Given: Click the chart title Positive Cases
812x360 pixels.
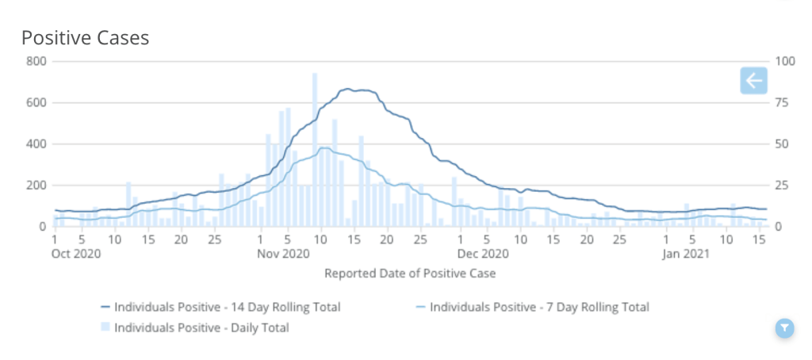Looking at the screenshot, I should (x=85, y=37).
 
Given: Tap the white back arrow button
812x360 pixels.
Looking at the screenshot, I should (x=753, y=80).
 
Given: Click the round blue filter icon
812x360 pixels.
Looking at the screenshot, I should (x=783, y=327).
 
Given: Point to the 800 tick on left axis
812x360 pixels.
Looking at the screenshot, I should (x=36, y=61).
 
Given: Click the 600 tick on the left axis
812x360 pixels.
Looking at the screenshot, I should (x=36, y=102).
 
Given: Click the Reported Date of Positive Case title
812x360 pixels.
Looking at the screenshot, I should (x=410, y=274).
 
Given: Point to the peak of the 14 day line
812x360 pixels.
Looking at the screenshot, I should (x=347, y=90).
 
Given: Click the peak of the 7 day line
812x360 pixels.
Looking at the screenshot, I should (x=324, y=147).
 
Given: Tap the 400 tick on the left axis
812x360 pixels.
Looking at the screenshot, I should (x=36, y=144).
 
